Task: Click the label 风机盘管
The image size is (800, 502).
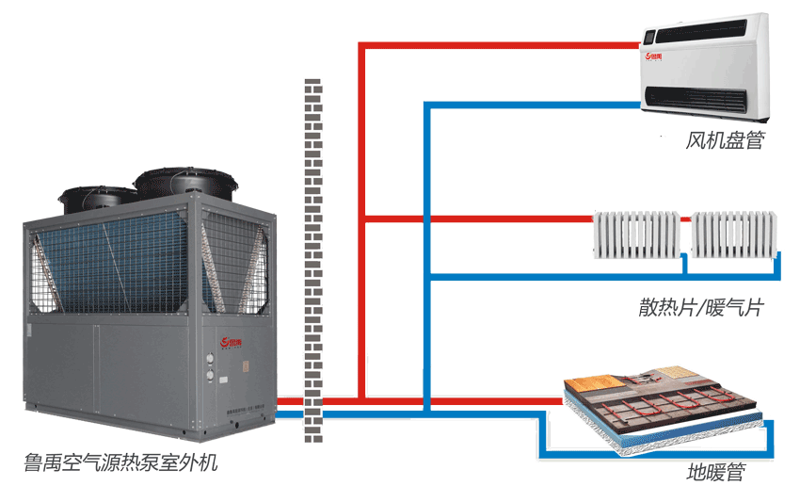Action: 724,141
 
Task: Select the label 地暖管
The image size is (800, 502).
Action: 715,472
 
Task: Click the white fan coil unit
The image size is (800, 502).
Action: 706,72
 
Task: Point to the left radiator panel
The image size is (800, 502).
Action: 636,235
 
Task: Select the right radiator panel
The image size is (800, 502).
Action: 735,235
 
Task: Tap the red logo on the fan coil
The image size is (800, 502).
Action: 654,57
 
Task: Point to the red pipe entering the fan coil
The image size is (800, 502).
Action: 499,44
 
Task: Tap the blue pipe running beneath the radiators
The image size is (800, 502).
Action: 602,277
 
